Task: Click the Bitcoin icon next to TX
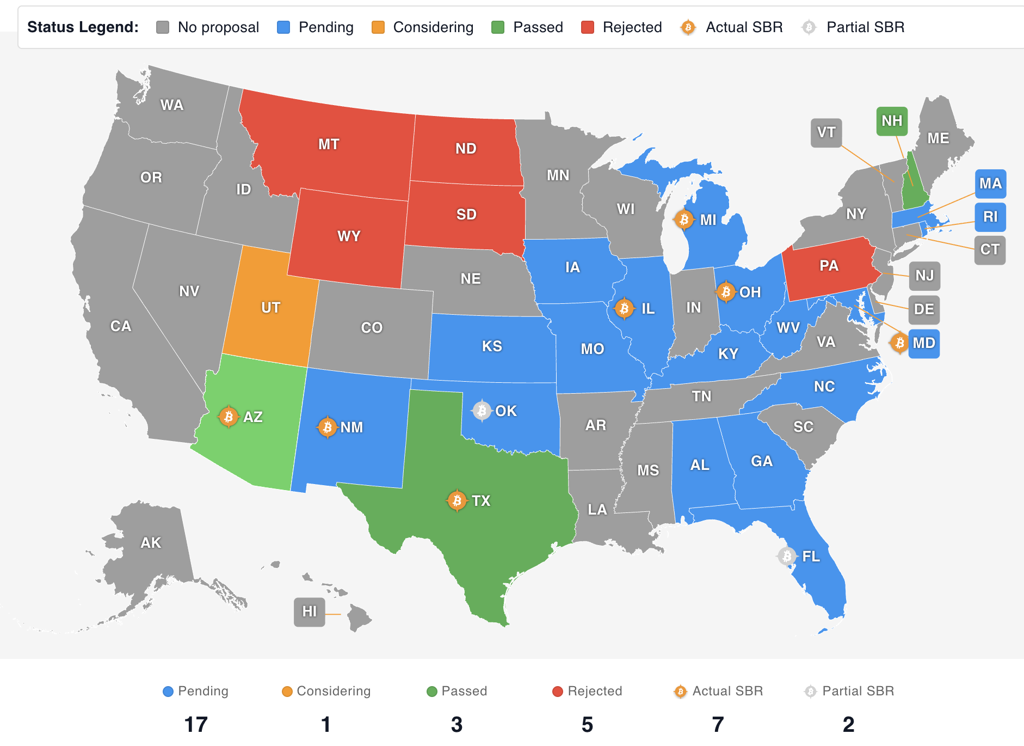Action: (x=457, y=500)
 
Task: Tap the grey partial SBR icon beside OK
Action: (x=482, y=411)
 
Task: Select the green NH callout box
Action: (x=892, y=121)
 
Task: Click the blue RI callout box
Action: (x=990, y=217)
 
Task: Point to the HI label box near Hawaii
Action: (x=309, y=612)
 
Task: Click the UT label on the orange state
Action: (x=270, y=308)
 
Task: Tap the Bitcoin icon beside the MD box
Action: (x=899, y=343)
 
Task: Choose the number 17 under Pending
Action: (x=196, y=724)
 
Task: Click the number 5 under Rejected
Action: (x=587, y=724)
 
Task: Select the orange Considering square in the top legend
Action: (x=378, y=27)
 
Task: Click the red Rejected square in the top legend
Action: (x=587, y=27)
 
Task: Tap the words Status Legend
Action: (x=83, y=27)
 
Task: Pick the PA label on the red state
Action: (x=829, y=266)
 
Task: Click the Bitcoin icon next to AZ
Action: (x=229, y=417)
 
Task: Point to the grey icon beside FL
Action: (x=787, y=556)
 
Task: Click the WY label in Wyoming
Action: (x=349, y=236)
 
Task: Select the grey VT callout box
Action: (x=826, y=132)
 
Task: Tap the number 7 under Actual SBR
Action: (x=718, y=724)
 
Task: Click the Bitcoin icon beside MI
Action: (x=684, y=219)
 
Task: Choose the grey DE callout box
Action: (x=924, y=309)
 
